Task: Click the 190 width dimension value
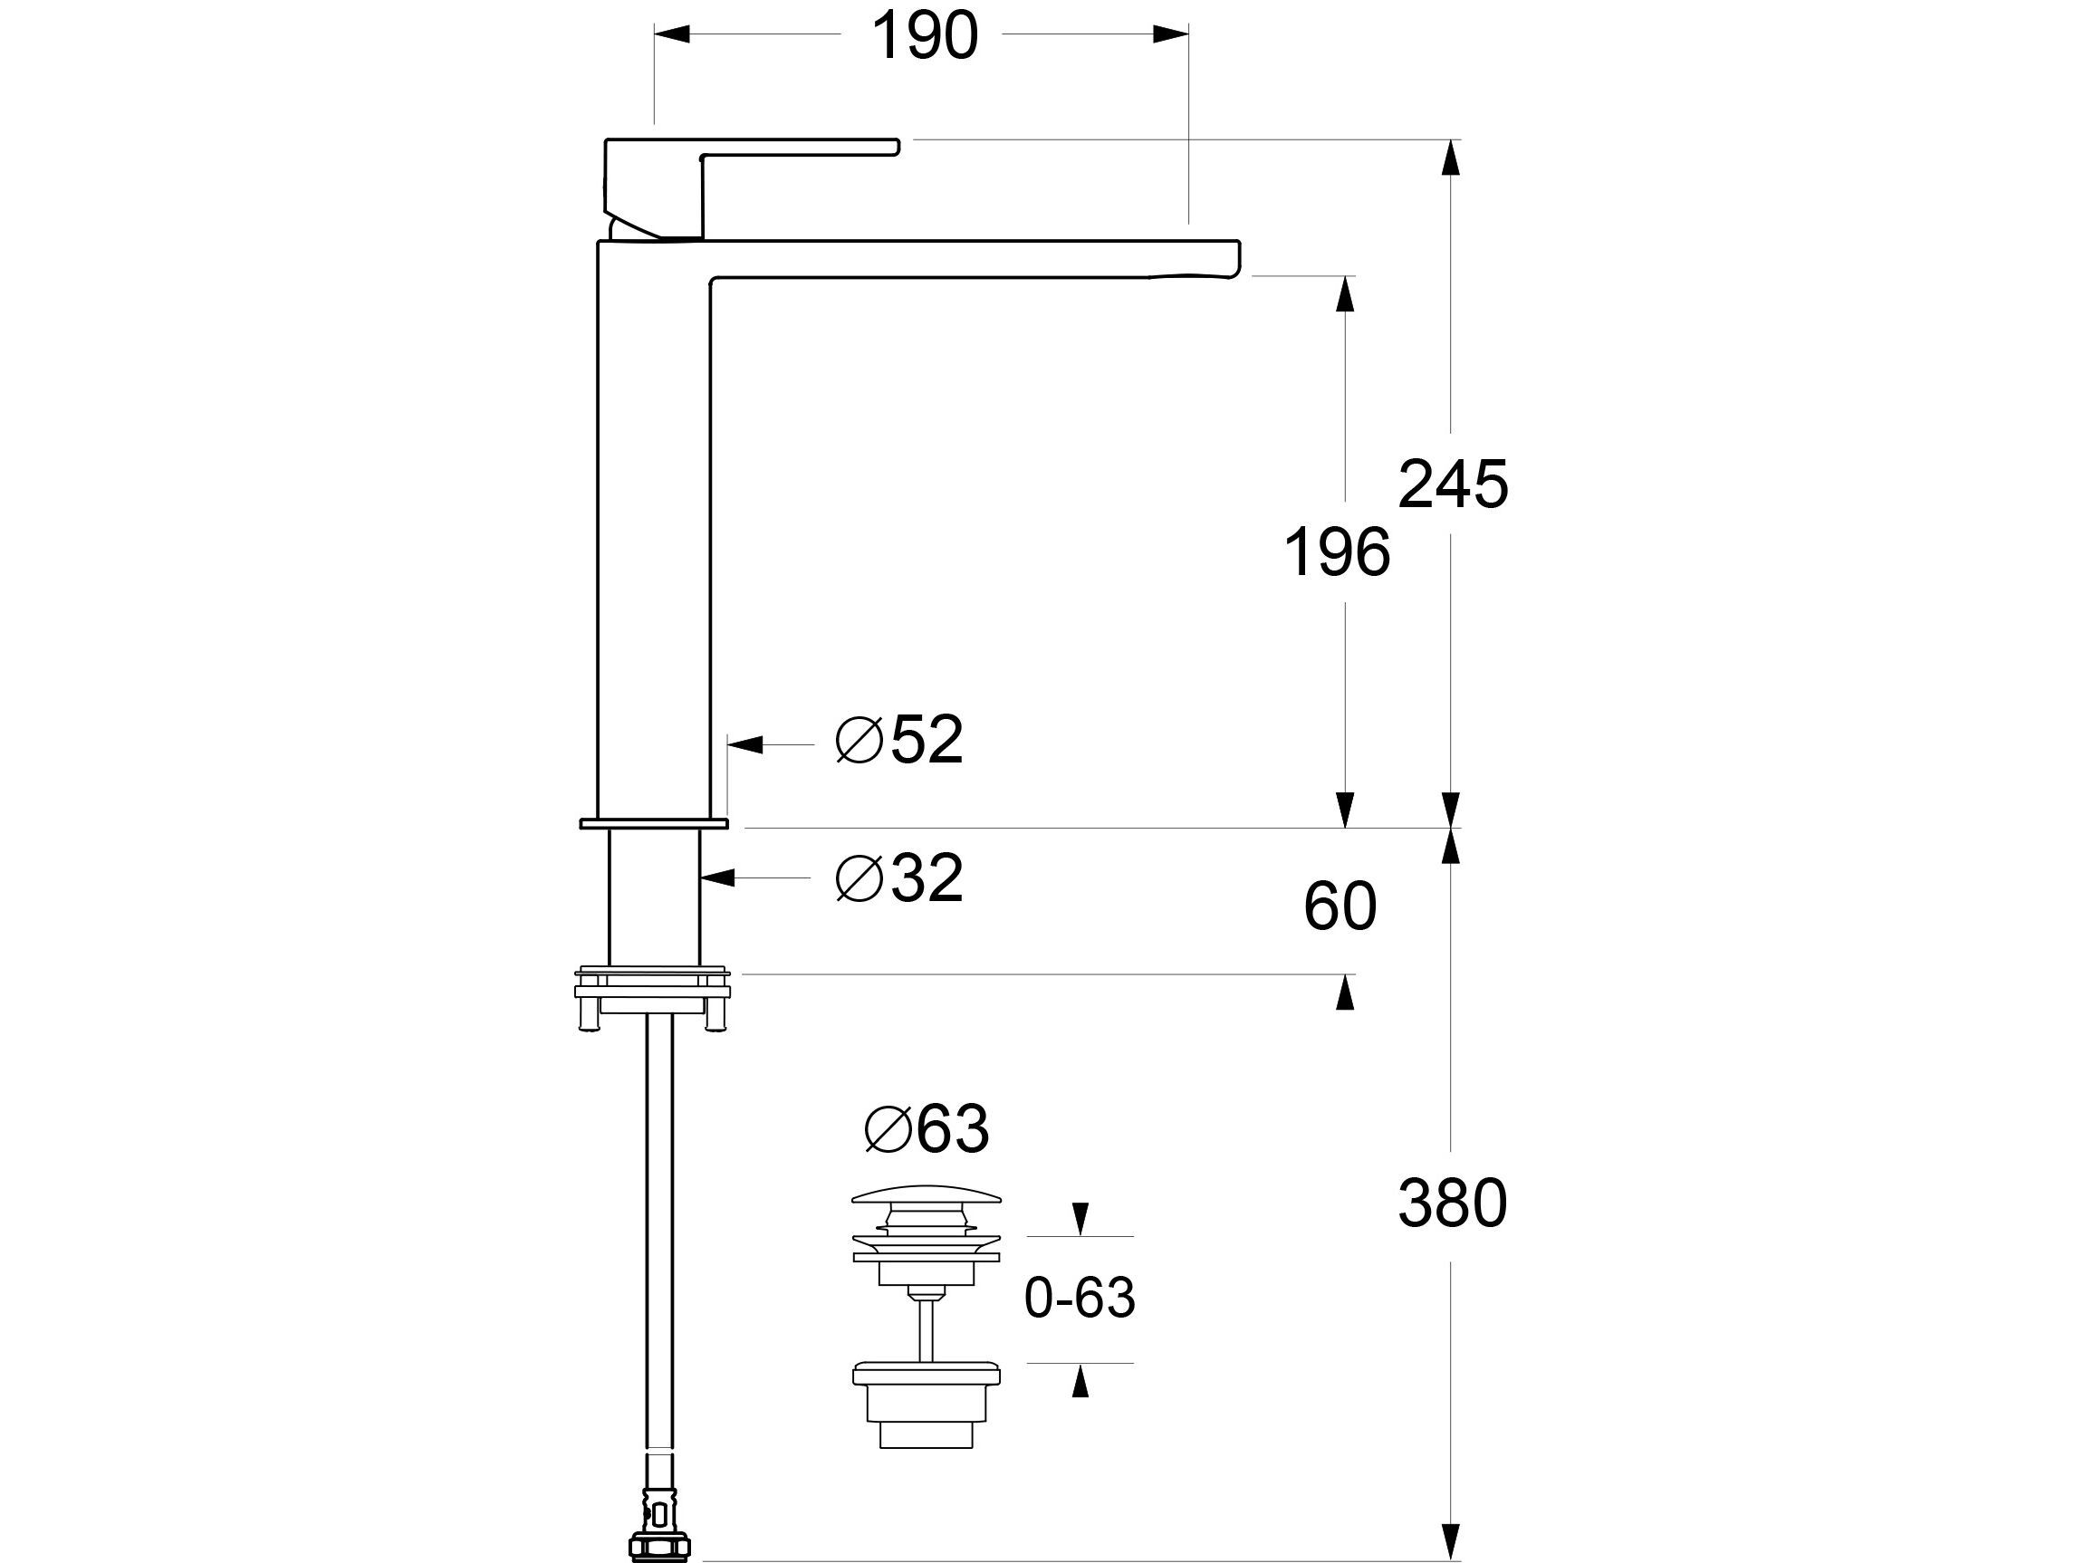tap(924, 36)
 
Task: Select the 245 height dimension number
tap(1452, 485)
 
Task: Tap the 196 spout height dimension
tap(1337, 552)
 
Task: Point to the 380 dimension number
tap(1452, 1203)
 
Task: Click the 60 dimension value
tap(1340, 906)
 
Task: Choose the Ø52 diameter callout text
tap(899, 740)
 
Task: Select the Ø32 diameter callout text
tap(899, 878)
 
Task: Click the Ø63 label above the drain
tap(927, 1127)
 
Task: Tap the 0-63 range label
tap(1080, 1299)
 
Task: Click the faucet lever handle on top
tap(751, 188)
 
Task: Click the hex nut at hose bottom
tap(658, 1546)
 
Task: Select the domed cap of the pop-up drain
tap(927, 1194)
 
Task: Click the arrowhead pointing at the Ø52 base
tap(745, 745)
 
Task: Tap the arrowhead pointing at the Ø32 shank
tap(718, 878)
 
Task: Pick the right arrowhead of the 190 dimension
tap(1171, 34)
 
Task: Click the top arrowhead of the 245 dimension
tap(1451, 158)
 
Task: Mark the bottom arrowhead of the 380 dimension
tap(1451, 1542)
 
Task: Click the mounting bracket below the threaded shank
tap(653, 998)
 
